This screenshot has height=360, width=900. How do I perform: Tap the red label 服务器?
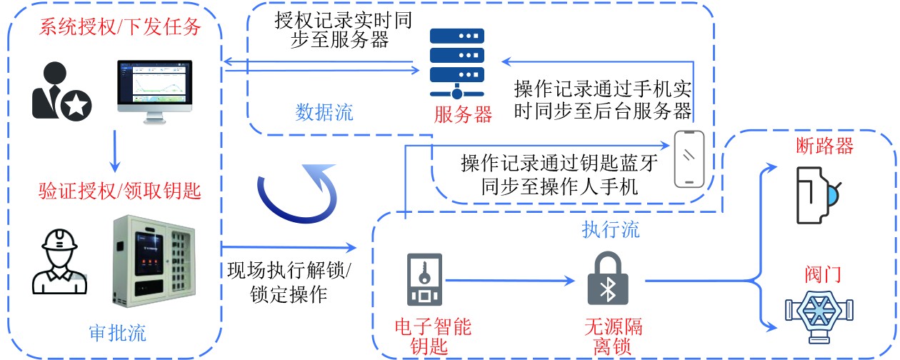coord(463,114)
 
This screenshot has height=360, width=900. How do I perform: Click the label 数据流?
coord(324,112)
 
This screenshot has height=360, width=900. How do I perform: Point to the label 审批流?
coord(118,332)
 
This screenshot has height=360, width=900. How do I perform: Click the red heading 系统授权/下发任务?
coord(119,29)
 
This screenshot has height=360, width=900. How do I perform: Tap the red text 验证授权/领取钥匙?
coord(119,191)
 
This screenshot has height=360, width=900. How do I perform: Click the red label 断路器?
coord(824,146)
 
